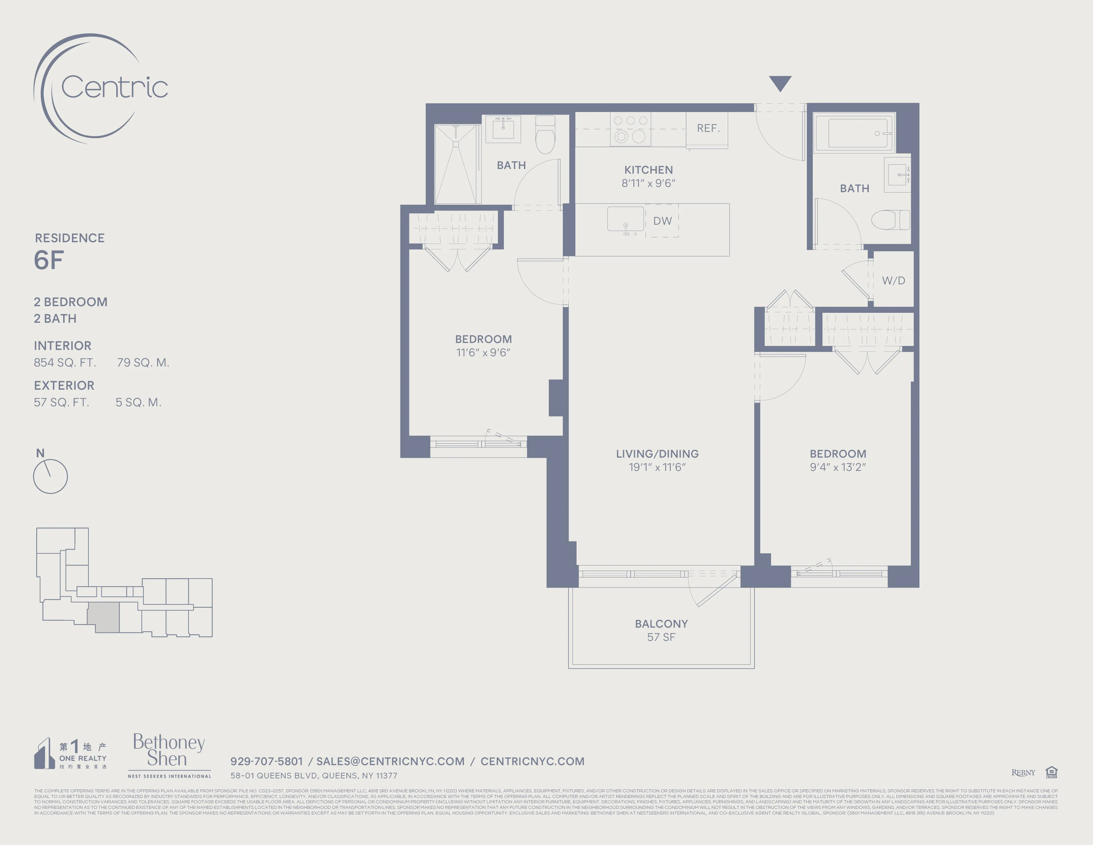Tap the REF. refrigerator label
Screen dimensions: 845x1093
pyautogui.click(x=708, y=128)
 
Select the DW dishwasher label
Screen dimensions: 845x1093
pyautogui.click(x=662, y=221)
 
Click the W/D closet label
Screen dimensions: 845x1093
pyautogui.click(x=893, y=281)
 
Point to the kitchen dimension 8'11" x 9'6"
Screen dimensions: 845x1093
pyautogui.click(x=648, y=183)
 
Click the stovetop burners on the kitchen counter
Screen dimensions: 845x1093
pyautogui.click(x=630, y=129)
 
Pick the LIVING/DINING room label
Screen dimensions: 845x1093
pyautogui.click(x=657, y=454)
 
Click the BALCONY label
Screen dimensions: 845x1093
pyautogui.click(x=661, y=624)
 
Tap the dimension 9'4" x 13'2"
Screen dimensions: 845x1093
pyautogui.click(x=838, y=467)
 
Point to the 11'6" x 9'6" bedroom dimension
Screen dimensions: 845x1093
pyautogui.click(x=483, y=353)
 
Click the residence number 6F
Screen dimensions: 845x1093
pyautogui.click(x=49, y=260)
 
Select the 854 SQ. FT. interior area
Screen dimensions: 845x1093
pyautogui.click(x=65, y=363)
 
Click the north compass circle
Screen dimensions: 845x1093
pyautogui.click(x=50, y=477)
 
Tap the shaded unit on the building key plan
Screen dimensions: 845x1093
pyautogui.click(x=104, y=617)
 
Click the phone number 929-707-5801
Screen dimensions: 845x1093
pyautogui.click(x=266, y=761)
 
